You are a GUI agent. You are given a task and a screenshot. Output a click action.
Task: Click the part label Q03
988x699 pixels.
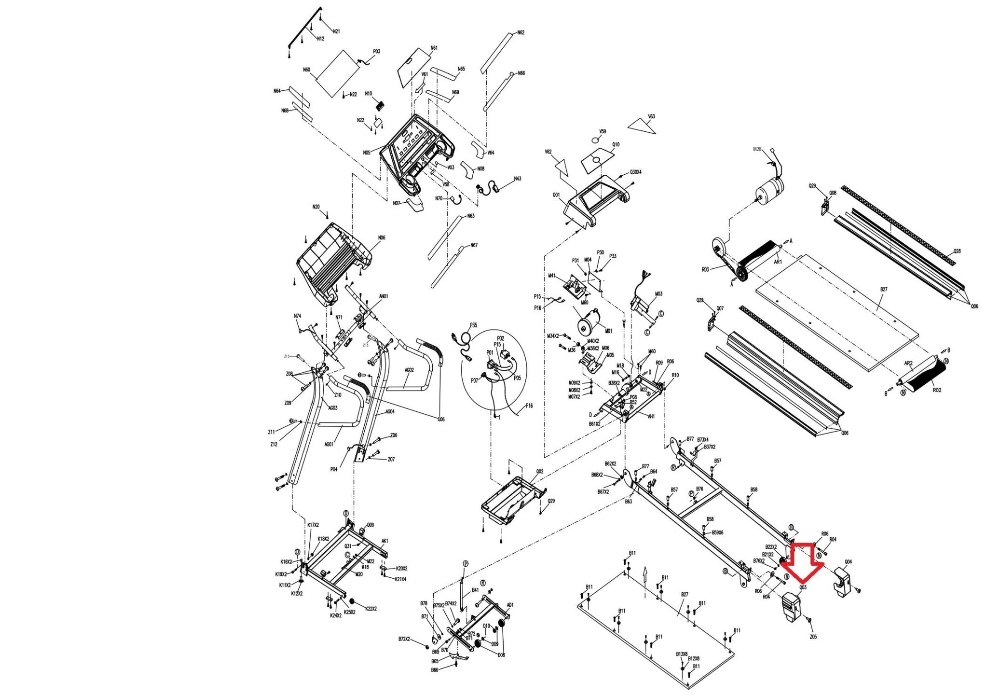(x=803, y=587)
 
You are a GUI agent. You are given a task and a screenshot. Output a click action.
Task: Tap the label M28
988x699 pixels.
(x=757, y=150)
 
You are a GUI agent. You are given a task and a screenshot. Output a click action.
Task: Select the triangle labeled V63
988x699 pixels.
(x=644, y=126)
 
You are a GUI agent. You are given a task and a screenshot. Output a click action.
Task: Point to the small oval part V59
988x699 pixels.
(x=597, y=140)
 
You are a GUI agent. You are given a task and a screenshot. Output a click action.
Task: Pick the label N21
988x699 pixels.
(x=336, y=31)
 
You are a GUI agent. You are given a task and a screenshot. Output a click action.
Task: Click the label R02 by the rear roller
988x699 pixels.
(x=936, y=390)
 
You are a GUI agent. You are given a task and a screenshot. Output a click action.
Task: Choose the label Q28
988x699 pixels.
(x=957, y=251)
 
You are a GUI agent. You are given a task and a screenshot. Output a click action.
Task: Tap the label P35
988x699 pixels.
(x=473, y=325)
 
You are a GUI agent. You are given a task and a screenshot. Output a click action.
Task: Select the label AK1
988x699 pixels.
(x=384, y=541)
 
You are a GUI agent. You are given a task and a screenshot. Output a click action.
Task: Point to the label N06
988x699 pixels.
(x=382, y=238)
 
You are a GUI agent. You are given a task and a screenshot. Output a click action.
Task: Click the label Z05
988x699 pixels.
(x=813, y=637)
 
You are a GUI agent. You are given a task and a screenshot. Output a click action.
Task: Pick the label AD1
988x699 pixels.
(x=510, y=605)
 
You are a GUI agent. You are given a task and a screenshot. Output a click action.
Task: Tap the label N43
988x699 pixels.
(x=517, y=179)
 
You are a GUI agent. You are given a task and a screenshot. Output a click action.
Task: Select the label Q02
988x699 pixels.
(x=540, y=471)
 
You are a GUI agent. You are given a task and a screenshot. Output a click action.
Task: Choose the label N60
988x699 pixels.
(x=306, y=70)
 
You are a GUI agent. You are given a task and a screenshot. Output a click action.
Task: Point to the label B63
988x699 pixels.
(x=628, y=502)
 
